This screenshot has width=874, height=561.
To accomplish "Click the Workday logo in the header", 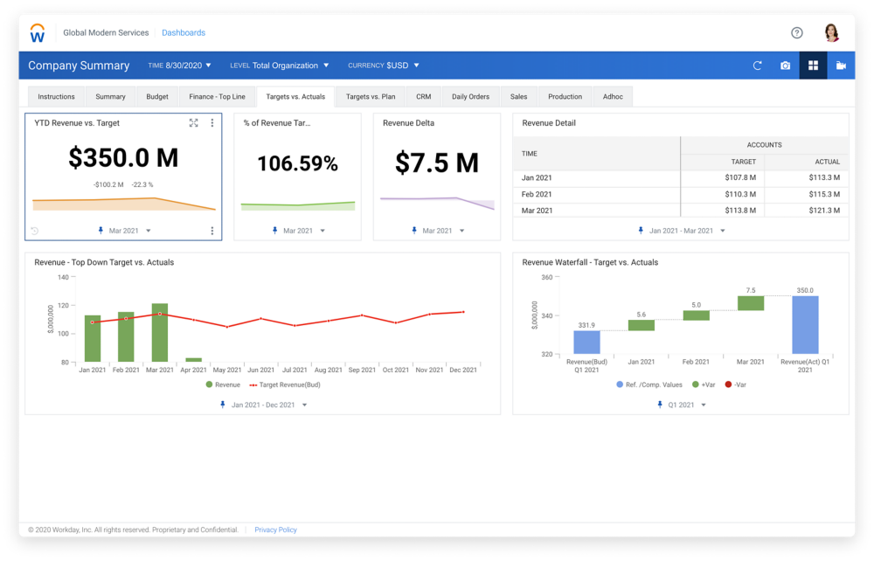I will pyautogui.click(x=38, y=33).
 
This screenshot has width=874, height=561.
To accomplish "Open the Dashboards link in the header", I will pyautogui.click(x=184, y=33).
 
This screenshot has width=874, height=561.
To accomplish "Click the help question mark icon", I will pyautogui.click(x=797, y=33).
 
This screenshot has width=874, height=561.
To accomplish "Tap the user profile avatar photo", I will pyautogui.click(x=832, y=33).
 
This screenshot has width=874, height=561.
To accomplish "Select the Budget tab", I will pyautogui.click(x=157, y=97).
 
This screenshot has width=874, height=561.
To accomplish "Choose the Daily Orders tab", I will pyautogui.click(x=470, y=97).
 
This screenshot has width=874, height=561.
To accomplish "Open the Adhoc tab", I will pyautogui.click(x=613, y=97).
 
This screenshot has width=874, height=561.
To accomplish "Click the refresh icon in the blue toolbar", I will pyautogui.click(x=758, y=66).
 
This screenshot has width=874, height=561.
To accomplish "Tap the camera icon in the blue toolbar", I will pyautogui.click(x=785, y=66).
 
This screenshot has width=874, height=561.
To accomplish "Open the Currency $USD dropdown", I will pyautogui.click(x=384, y=66).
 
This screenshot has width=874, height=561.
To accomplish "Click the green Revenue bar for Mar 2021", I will pyautogui.click(x=159, y=333).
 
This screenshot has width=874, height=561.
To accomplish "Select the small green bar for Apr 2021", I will pyautogui.click(x=193, y=359).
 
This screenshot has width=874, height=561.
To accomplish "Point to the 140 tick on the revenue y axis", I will pyautogui.click(x=63, y=277).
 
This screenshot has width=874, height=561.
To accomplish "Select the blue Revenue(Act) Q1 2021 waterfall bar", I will pyautogui.click(x=805, y=325).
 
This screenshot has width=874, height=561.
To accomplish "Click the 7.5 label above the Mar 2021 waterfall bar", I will pyautogui.click(x=751, y=290).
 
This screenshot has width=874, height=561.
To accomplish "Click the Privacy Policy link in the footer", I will pyautogui.click(x=275, y=530).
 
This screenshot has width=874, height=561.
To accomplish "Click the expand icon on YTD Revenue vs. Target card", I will pyautogui.click(x=194, y=123).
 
